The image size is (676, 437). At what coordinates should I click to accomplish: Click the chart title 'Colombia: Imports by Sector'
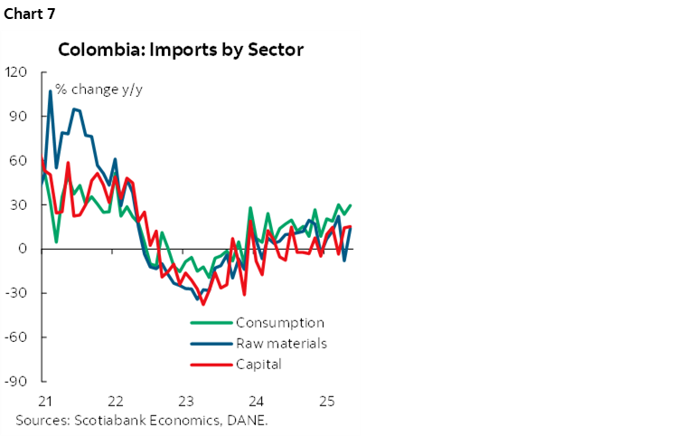pyautogui.click(x=181, y=50)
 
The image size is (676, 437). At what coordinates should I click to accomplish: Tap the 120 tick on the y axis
pyautogui.click(x=18, y=72)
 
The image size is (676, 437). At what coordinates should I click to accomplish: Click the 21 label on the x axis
pyautogui.click(x=43, y=401)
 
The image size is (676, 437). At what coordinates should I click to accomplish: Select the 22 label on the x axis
pyautogui.click(x=115, y=401)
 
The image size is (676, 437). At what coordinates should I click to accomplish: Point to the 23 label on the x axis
pyautogui.click(x=185, y=401)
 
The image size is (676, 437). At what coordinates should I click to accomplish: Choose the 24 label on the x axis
pyautogui.click(x=256, y=401)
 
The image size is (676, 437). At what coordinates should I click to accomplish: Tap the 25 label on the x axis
pyautogui.click(x=326, y=401)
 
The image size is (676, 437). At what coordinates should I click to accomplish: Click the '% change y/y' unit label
pyautogui.click(x=91, y=89)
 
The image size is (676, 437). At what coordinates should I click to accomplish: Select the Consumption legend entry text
pyautogui.click(x=279, y=323)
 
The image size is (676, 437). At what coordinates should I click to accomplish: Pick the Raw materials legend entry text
pyautogui.click(x=281, y=344)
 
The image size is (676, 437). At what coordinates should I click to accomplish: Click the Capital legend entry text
pyautogui.click(x=258, y=365)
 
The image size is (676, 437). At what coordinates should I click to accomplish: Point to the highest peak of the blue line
pyautogui.click(x=50, y=91)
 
